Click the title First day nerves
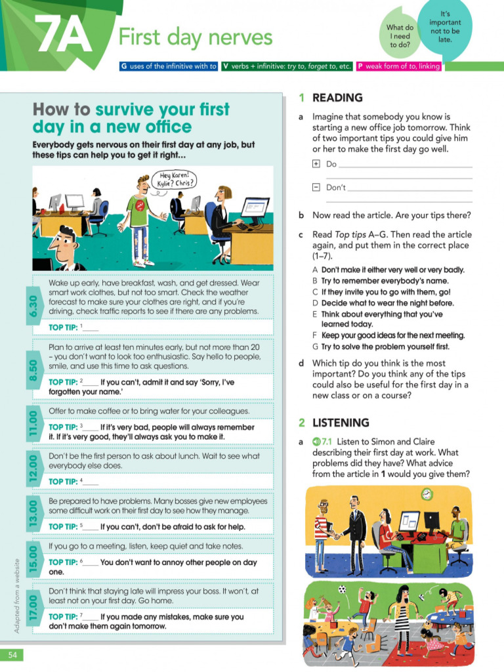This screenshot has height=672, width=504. pyautogui.click(x=195, y=37)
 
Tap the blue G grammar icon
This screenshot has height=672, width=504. pyautogui.click(x=123, y=66)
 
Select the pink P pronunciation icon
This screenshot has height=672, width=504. pyautogui.click(x=360, y=66)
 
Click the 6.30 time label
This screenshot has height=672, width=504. pyautogui.click(x=33, y=305)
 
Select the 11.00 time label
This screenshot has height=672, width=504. pyautogui.click(x=33, y=425)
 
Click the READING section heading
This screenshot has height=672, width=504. pyautogui.click(x=337, y=98)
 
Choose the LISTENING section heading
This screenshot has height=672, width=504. pyautogui.click(x=341, y=423)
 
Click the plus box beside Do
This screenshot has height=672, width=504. pyautogui.click(x=316, y=164)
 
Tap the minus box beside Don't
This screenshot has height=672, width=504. pyautogui.click(x=316, y=187)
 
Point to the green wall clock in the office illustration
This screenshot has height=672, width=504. pyautogui.click(x=427, y=493)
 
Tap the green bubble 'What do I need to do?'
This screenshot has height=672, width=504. pyautogui.click(x=400, y=36)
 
